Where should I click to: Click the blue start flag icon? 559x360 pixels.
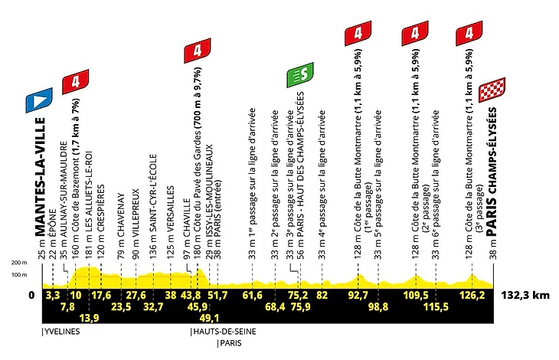39,100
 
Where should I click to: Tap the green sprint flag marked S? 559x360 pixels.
300,75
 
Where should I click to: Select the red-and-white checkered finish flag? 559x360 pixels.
492,90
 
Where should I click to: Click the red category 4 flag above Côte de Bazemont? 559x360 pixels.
75,82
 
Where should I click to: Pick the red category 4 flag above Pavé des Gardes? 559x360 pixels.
197,51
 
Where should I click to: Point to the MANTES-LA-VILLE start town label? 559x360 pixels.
41,177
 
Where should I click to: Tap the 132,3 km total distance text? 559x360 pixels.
525,295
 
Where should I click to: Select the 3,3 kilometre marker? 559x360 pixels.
53,296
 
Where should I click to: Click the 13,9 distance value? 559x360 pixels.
89,318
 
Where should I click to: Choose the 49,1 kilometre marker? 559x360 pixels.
210,318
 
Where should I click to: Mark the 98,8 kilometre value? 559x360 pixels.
378,307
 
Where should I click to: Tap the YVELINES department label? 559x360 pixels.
62,332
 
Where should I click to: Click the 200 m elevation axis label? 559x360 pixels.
19,263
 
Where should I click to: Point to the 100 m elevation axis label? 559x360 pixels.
19,275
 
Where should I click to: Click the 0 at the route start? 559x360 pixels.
31,296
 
